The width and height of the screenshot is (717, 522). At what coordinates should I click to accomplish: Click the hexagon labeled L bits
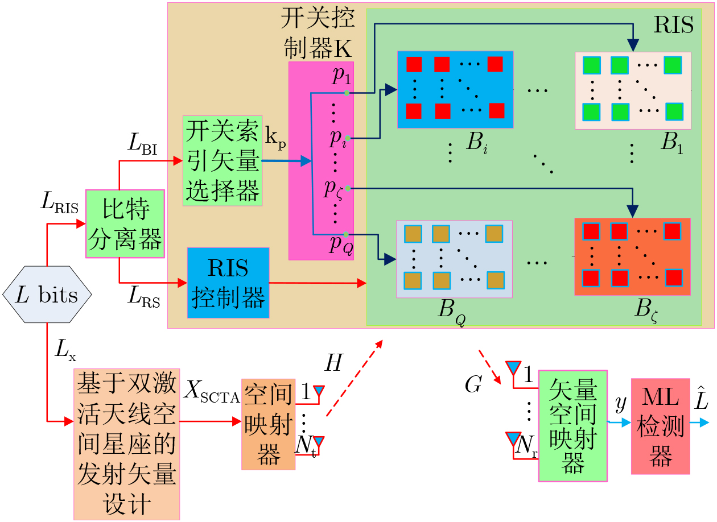[x=47, y=295]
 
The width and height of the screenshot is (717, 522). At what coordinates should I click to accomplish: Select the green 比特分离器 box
[x=125, y=223]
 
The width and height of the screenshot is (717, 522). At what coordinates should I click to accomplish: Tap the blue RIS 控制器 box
[x=228, y=283]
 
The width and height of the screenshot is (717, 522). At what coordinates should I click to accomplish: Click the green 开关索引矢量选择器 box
[x=222, y=160]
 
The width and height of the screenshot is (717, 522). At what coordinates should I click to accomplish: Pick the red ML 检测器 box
[x=660, y=426]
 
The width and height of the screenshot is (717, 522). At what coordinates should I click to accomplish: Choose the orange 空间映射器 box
[x=268, y=424]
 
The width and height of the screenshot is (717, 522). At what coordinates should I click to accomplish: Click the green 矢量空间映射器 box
[x=572, y=426]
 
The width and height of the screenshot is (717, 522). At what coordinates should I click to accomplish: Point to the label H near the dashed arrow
[x=333, y=363]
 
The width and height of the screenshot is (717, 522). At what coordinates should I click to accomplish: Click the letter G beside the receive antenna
[x=473, y=384]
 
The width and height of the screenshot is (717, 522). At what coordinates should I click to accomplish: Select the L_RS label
[x=144, y=296]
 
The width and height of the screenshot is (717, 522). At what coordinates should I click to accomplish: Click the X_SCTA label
[x=212, y=391]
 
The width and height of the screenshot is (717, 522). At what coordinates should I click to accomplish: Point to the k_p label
[x=275, y=139]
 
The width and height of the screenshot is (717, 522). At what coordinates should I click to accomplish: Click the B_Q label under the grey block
[x=451, y=311]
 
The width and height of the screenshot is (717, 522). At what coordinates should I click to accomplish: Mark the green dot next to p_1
[x=347, y=93]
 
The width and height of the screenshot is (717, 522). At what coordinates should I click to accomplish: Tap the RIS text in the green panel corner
[x=674, y=24]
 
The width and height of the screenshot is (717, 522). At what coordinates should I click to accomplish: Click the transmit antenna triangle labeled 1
[x=319, y=391]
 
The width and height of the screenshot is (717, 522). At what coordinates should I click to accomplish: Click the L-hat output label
[x=701, y=397]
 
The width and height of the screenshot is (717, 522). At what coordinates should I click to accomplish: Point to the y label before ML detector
[x=621, y=404]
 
